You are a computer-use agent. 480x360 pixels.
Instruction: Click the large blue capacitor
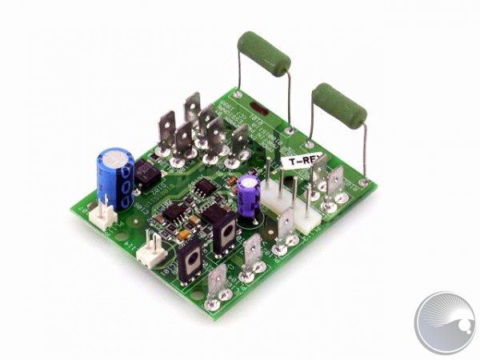click(x=115, y=178)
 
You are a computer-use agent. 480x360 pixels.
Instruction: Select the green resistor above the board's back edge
click(x=263, y=54)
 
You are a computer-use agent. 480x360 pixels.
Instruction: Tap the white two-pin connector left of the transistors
click(x=150, y=254)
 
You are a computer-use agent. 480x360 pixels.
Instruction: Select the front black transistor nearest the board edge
click(x=192, y=260)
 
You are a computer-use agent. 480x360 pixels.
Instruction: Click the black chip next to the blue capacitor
click(x=146, y=173)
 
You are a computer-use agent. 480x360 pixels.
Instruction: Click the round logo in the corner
click(x=445, y=322)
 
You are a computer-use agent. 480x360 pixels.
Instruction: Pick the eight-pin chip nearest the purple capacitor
click(x=206, y=189)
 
